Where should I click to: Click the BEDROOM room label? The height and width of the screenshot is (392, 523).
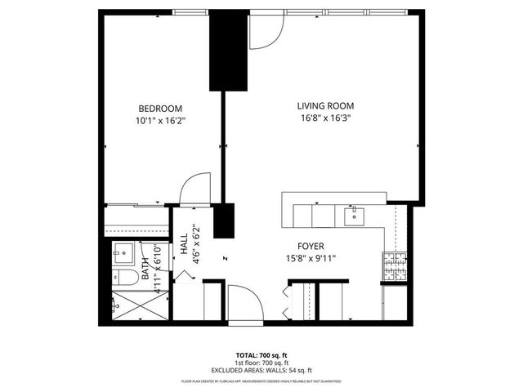160,109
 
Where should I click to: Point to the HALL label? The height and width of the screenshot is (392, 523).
185,243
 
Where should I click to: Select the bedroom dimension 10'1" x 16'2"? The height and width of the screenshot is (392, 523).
160,121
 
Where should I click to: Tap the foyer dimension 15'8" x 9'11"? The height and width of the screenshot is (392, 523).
311,258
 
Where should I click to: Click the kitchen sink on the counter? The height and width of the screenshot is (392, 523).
355,216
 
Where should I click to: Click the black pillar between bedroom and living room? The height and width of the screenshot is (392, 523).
228,51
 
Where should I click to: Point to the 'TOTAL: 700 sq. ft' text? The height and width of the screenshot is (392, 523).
261,355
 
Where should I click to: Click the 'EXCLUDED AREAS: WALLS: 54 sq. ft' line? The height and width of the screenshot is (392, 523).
261,370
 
